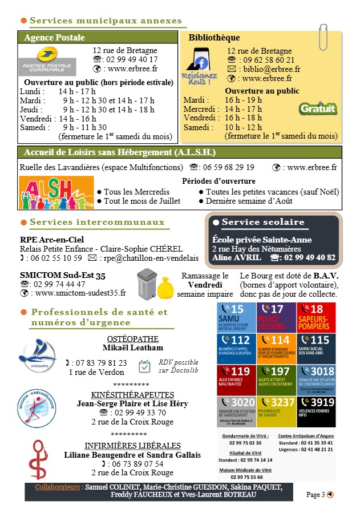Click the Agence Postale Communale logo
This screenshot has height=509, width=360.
coord(47,62)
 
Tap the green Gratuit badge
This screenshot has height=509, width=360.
coord(318,108)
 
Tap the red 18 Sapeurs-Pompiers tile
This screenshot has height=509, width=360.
coord(315,317)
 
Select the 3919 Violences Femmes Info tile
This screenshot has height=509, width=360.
coord(315,411)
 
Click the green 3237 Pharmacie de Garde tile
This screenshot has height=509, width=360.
coord(276,411)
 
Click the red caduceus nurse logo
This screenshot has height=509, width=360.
coord(38,459)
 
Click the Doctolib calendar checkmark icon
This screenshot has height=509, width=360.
coord(145,366)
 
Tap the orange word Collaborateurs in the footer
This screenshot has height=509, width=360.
coord(57,487)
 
